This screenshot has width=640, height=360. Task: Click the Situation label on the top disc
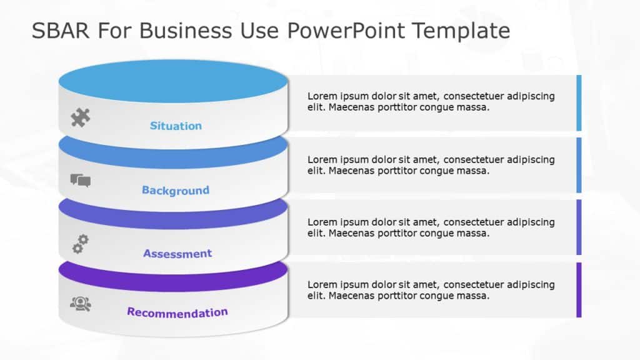click(x=176, y=126)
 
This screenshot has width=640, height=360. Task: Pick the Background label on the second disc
click(x=175, y=190)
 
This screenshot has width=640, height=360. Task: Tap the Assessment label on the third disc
click(x=177, y=253)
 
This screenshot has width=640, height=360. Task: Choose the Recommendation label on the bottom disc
click(x=177, y=312)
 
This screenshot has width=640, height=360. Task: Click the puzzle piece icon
click(x=80, y=117)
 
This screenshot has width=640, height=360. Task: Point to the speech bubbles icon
click(x=80, y=181)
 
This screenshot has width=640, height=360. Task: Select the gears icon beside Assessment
click(x=80, y=244)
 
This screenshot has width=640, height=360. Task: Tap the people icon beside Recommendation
click(x=80, y=304)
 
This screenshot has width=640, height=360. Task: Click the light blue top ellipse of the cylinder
click(x=173, y=82)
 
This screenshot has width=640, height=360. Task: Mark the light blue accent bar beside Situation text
click(x=579, y=102)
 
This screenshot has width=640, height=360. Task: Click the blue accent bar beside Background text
click(x=579, y=165)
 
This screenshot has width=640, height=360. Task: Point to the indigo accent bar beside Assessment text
click(x=579, y=227)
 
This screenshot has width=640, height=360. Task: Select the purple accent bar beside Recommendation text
click(x=579, y=290)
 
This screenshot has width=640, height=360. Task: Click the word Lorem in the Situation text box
click(x=321, y=96)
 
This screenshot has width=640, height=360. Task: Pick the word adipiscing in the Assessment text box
click(x=531, y=222)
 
